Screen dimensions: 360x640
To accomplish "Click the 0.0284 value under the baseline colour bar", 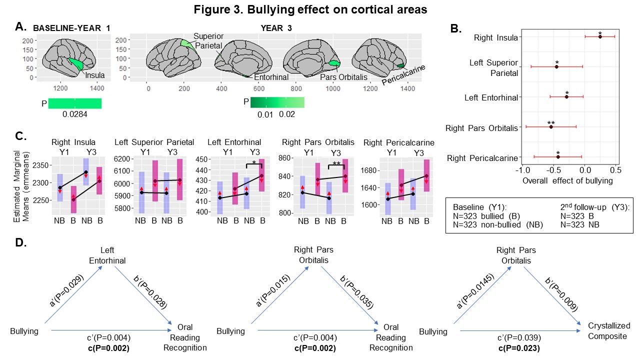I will [x=74, y=114].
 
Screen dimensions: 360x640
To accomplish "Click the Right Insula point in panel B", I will [x=600, y=36].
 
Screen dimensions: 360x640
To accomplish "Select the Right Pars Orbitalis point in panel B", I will [x=551, y=126].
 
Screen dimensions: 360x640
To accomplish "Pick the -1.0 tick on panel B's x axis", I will [x=521, y=169].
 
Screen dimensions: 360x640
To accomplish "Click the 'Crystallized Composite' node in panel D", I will [x=607, y=331].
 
